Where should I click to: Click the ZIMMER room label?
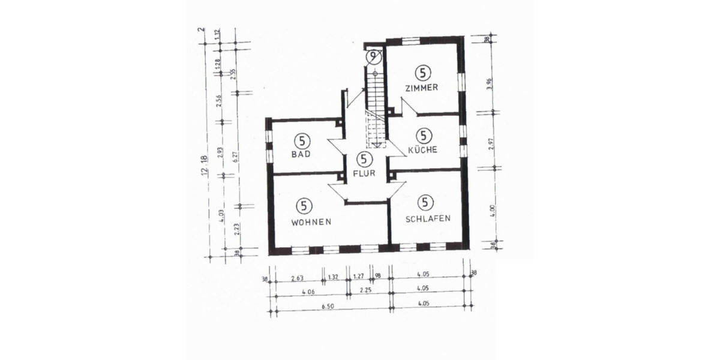coord(422,88)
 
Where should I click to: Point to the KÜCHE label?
coord(424,149)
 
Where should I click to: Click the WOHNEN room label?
coord(311,221)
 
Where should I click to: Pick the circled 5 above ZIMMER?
coord(423,73)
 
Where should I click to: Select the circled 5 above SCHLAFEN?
coord(427,202)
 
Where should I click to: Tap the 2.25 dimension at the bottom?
coord(367,291)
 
